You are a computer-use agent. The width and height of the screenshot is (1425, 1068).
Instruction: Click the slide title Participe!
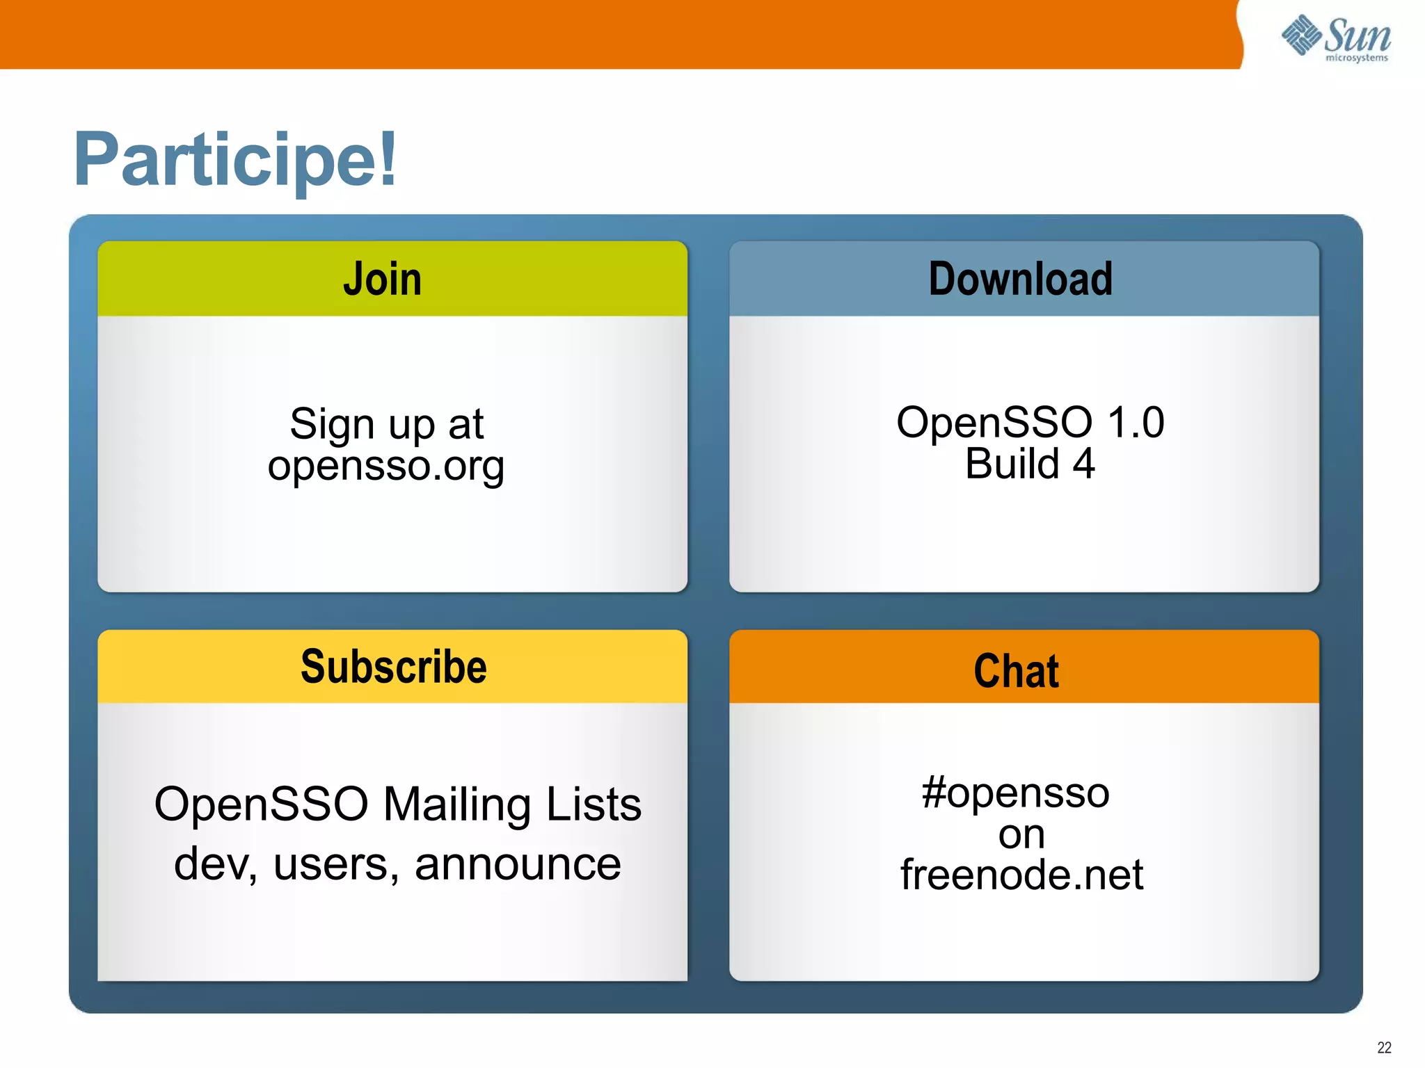[x=235, y=160]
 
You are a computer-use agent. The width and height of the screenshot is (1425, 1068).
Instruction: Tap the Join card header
[x=383, y=279]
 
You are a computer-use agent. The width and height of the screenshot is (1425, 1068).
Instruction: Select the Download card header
[x=1021, y=279]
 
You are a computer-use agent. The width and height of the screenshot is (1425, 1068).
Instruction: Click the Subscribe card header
[x=393, y=667]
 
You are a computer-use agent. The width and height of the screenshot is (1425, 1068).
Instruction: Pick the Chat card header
[x=1017, y=671]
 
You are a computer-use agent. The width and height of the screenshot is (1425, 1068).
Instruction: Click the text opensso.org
[x=386, y=466]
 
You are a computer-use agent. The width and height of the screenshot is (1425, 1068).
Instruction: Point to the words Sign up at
[x=386, y=423]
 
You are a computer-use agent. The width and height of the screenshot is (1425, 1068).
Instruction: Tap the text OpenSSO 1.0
[x=1030, y=422]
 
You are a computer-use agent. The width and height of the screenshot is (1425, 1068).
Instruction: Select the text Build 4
[x=1030, y=464]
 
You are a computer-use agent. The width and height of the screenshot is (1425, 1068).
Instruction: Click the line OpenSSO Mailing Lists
[x=397, y=804]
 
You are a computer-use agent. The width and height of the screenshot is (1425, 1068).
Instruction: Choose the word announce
[x=518, y=864]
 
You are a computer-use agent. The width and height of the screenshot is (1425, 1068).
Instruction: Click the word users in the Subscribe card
[x=335, y=864]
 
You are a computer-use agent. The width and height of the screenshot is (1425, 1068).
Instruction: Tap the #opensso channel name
[x=1016, y=793]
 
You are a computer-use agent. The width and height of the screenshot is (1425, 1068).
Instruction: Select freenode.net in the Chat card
[x=1021, y=875]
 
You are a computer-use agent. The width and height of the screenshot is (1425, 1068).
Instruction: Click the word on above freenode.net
[x=1021, y=834]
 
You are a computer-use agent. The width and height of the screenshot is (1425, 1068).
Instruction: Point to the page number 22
[x=1384, y=1047]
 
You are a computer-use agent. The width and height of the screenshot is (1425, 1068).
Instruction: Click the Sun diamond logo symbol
[x=1301, y=35]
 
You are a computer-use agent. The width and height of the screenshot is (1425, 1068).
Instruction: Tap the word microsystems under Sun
[x=1357, y=58]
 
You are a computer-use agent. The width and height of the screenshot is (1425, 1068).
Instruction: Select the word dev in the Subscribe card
[x=214, y=864]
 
